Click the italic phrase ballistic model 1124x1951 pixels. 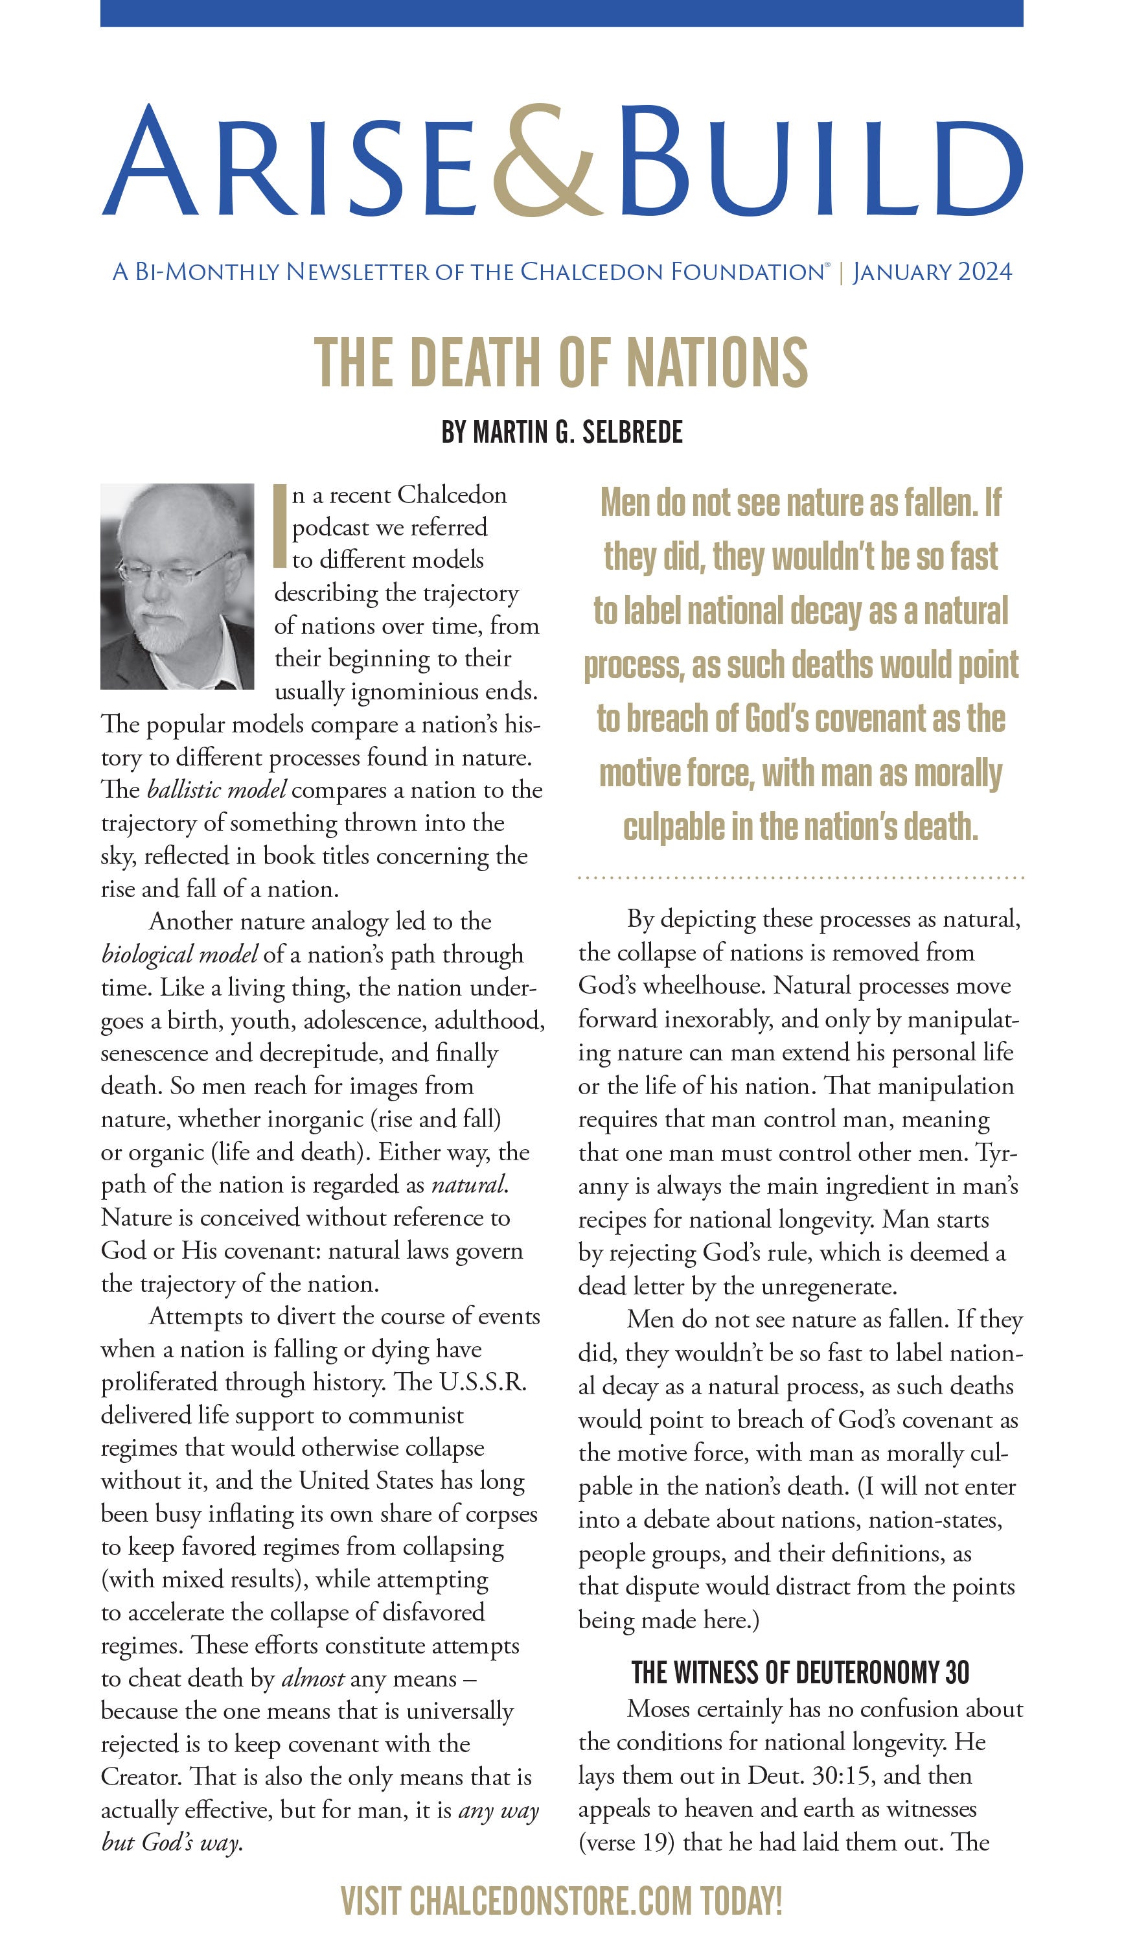point(216,790)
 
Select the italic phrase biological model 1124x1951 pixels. point(179,955)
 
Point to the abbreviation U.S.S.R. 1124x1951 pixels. point(483,1382)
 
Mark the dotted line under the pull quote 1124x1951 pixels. point(801,878)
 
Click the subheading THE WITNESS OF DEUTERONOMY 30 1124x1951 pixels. point(800,1673)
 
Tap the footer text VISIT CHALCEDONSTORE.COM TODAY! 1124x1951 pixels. point(561,1901)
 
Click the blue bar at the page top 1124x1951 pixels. point(561,13)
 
